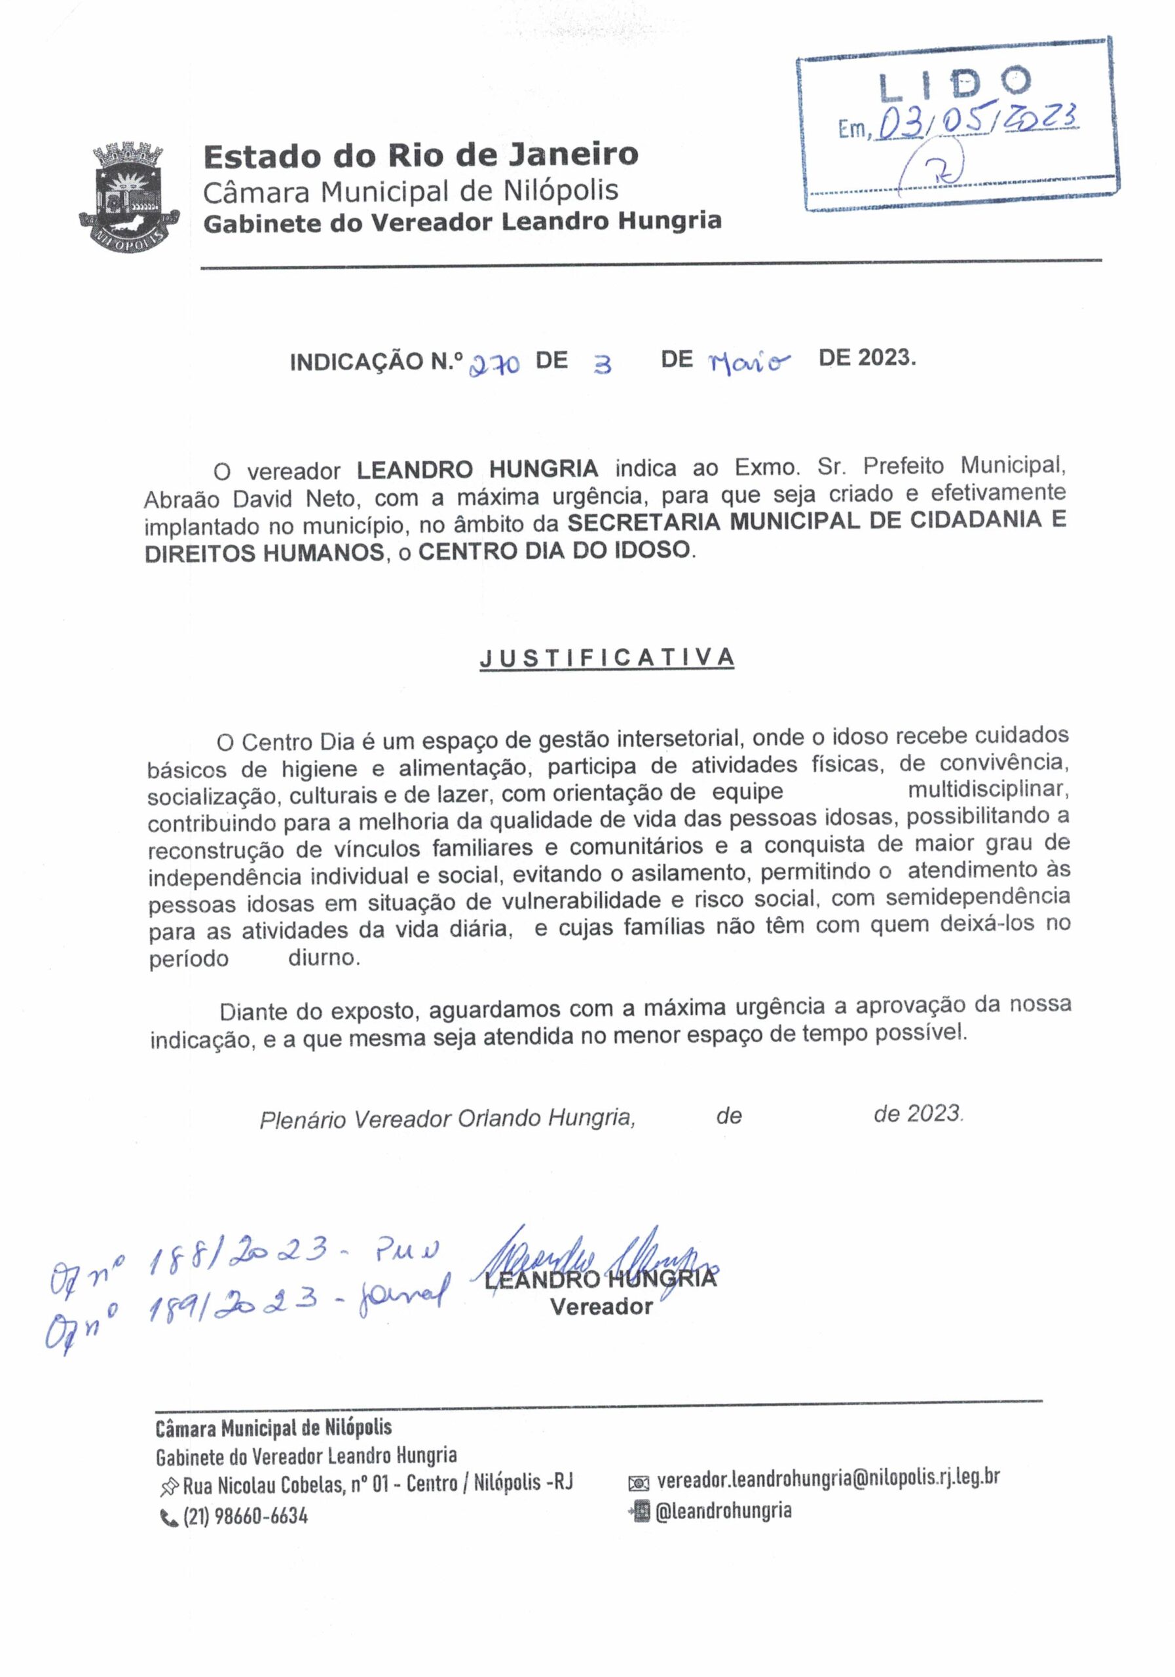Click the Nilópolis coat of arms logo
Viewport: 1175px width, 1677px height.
[x=128, y=195]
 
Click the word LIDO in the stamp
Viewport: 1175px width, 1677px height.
[x=954, y=85]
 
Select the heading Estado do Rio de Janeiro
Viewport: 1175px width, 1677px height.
[x=420, y=155]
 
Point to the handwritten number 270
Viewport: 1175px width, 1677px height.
[x=494, y=363]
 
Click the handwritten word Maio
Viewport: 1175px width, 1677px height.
[x=749, y=361]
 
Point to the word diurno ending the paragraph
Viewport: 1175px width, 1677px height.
[x=324, y=958]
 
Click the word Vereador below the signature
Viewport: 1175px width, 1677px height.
[x=601, y=1307]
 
